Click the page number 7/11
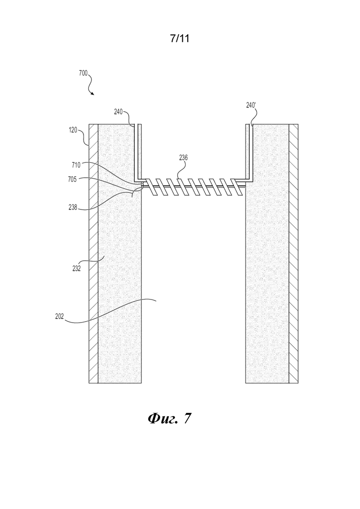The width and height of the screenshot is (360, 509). (x=180, y=39)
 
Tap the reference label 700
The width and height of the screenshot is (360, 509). (x=83, y=73)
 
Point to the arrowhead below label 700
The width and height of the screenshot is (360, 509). (x=92, y=94)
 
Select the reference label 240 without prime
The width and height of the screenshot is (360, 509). (x=118, y=112)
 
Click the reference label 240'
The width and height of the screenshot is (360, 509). (x=251, y=105)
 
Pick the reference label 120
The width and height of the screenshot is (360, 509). (x=73, y=130)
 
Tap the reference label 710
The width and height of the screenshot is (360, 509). (x=76, y=165)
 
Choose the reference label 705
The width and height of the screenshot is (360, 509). (x=72, y=179)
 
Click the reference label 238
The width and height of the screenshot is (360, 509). (x=73, y=207)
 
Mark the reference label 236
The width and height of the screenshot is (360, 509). (x=183, y=158)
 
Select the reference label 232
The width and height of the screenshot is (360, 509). (x=76, y=269)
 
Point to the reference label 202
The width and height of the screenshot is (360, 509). (x=60, y=316)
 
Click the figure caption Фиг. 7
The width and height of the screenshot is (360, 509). (x=169, y=419)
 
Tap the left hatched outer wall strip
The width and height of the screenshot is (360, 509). (x=94, y=253)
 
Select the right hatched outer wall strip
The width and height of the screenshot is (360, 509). (x=294, y=253)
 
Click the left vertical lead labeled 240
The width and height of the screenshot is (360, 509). (x=138, y=153)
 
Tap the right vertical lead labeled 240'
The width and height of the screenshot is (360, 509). (x=249, y=153)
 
